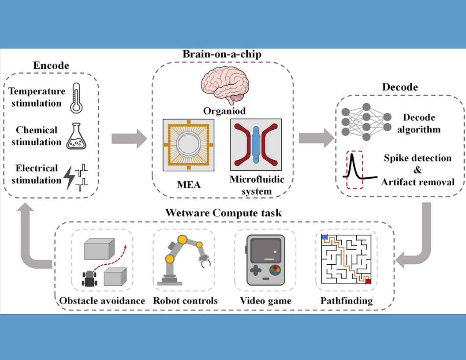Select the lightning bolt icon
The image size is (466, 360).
click(70, 174)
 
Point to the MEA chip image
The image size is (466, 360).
click(188, 145)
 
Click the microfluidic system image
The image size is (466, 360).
click(256, 144)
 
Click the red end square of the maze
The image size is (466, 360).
click(368, 281)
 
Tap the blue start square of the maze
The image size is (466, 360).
click(324, 237)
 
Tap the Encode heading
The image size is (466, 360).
click(51, 66)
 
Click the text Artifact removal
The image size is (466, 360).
click(418, 181)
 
